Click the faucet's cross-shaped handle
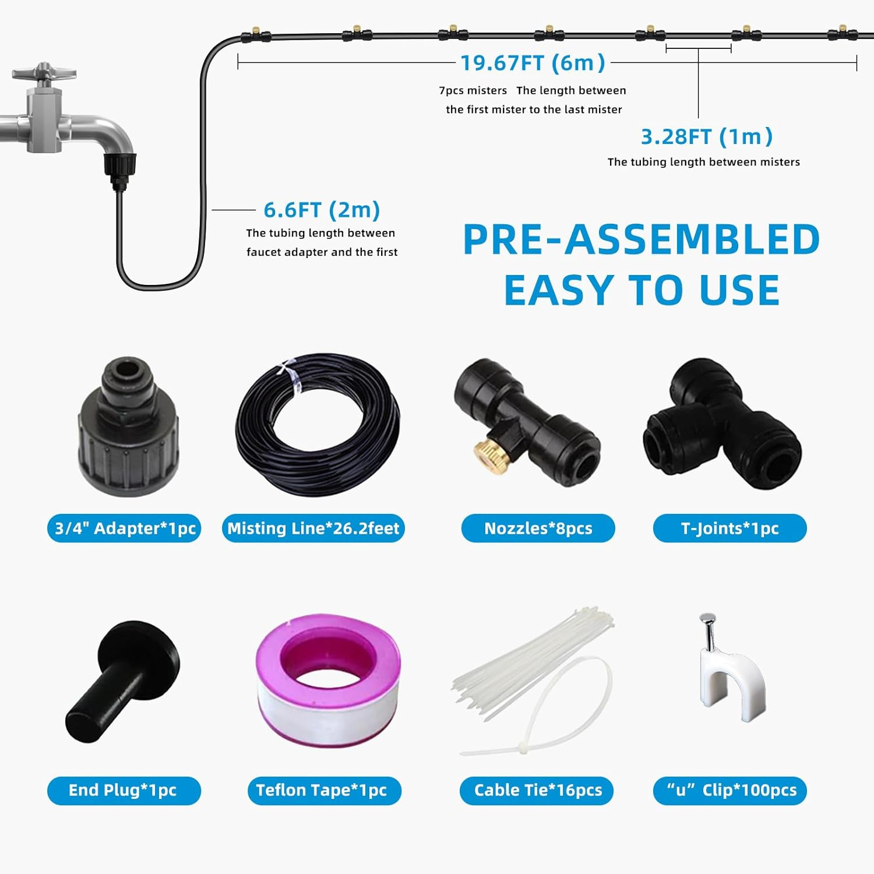[x=44, y=73]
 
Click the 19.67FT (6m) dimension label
[x=533, y=62]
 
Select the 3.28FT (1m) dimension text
[x=706, y=137]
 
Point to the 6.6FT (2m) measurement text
[x=322, y=210]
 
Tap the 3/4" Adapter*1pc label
[x=124, y=528]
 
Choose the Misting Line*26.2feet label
[x=313, y=528]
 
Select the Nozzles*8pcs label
[x=538, y=528]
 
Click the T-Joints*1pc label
[x=729, y=528]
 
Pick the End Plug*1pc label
[x=124, y=790]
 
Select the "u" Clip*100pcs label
[x=729, y=790]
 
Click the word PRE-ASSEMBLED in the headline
[x=641, y=240]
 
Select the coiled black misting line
[x=318, y=425]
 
